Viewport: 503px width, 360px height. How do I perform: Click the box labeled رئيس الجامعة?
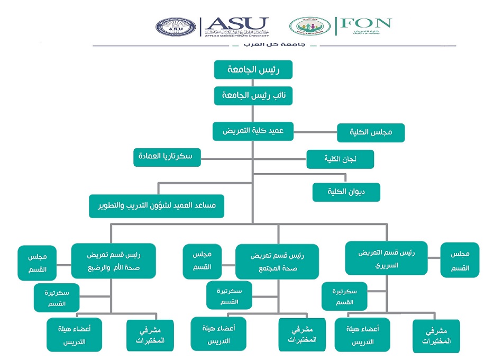(253, 70)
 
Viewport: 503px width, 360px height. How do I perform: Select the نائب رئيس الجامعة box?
(253, 96)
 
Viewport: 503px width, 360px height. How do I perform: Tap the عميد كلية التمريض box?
(253, 131)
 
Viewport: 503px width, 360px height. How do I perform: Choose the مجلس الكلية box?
(371, 133)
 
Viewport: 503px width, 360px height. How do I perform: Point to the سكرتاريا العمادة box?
(167, 157)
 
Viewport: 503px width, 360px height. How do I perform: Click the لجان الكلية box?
(340, 159)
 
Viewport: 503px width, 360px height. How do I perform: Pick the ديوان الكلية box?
(346, 192)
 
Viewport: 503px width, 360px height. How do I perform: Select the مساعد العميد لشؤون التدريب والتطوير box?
(157, 206)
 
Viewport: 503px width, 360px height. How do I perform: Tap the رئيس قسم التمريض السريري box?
(386, 258)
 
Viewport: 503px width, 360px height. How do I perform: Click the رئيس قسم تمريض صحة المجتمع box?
(277, 261)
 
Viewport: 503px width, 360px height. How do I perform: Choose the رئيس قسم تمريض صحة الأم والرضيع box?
(113, 260)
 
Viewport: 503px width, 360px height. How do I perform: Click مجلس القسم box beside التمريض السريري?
(460, 260)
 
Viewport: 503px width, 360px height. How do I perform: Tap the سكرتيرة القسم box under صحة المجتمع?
(229, 295)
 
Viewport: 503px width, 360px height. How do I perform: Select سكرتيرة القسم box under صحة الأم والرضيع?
(57, 298)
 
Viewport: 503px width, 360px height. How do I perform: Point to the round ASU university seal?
(175, 26)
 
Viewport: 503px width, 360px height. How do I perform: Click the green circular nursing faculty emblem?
(309, 26)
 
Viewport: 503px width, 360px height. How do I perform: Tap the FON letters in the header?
(365, 23)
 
